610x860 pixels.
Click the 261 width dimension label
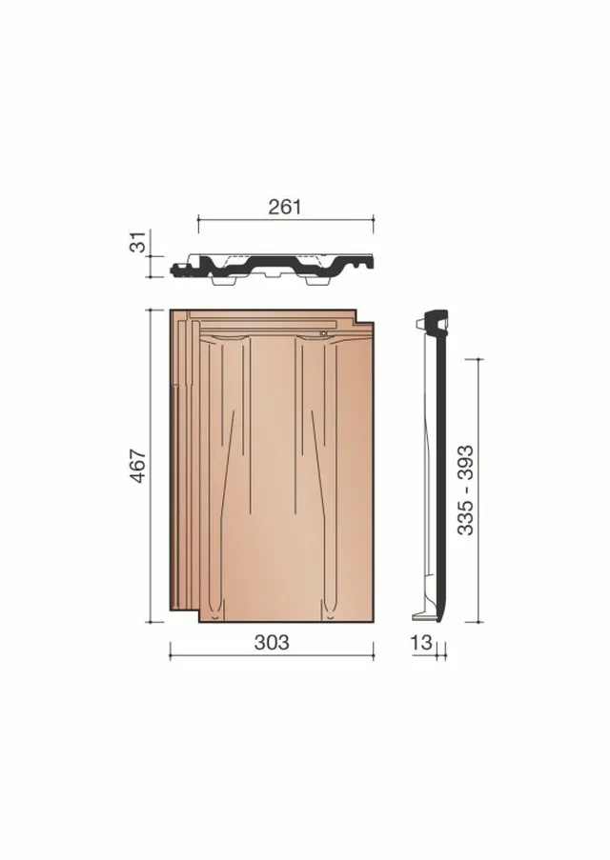click(285, 207)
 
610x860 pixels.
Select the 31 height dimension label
click(138, 242)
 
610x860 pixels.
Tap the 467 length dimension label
click(138, 466)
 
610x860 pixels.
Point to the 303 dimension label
click(272, 642)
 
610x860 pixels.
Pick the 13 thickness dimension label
click(421, 642)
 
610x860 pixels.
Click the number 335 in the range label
click(465, 517)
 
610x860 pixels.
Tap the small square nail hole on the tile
click(323, 332)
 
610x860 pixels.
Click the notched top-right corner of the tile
click(356, 323)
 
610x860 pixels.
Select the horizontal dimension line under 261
click(286, 219)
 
